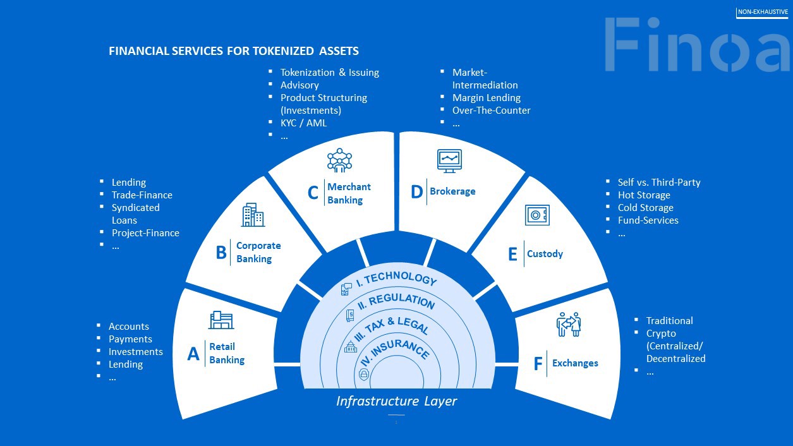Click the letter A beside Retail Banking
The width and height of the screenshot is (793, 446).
[x=193, y=354]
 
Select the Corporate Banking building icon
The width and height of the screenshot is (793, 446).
[x=253, y=215]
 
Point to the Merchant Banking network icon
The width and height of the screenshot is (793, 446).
[x=339, y=160]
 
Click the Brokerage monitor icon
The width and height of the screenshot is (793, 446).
[x=449, y=161]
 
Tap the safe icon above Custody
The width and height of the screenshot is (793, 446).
[x=537, y=215]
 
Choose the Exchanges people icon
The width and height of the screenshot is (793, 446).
[x=569, y=323]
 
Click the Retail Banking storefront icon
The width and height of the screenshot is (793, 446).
[x=221, y=320]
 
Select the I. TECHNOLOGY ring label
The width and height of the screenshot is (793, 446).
[x=397, y=279]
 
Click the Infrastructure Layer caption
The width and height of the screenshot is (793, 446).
[x=396, y=401]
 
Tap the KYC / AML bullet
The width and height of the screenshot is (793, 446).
[x=303, y=123]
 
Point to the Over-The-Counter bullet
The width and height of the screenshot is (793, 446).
[x=491, y=111]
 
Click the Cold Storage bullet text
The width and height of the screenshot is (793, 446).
[x=645, y=208]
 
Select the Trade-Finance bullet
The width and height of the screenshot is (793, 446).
[x=142, y=195]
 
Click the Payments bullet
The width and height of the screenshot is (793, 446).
[x=130, y=339]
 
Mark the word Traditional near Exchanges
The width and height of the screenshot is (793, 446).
[x=669, y=321]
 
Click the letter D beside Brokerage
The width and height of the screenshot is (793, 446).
[x=416, y=191]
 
